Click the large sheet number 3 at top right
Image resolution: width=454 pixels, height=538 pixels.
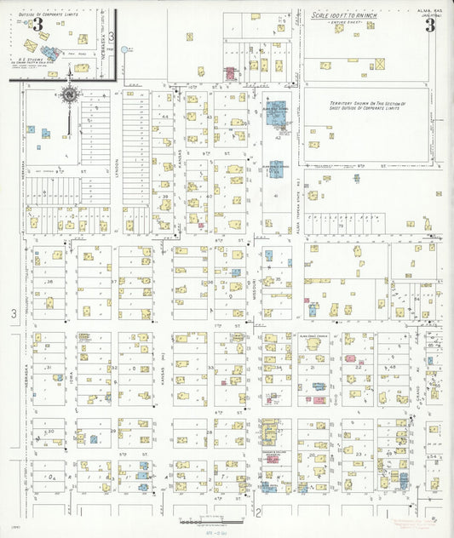point(430,23)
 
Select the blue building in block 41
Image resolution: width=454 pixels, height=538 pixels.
point(276,169)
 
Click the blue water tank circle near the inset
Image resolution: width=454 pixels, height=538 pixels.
point(125,49)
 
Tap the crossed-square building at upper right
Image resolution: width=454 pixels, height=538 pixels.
point(380,64)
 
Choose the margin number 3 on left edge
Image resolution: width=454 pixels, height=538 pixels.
point(13,315)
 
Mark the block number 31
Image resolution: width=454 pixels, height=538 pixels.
point(50,368)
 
